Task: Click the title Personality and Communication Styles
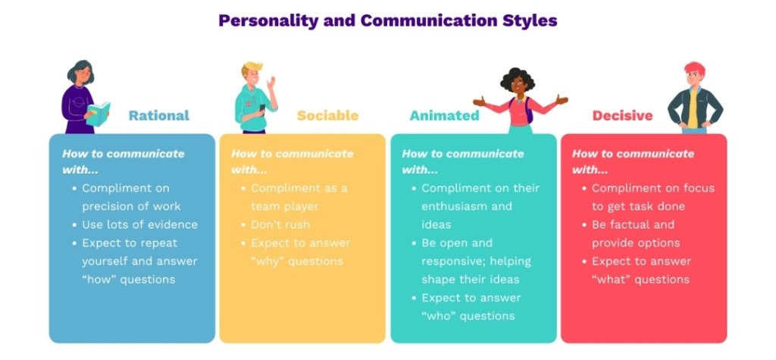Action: click(388, 20)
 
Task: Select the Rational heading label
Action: click(159, 115)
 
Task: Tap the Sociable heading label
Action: click(327, 115)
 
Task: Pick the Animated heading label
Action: click(444, 115)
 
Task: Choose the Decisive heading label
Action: click(623, 115)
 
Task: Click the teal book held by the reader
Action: click(99, 114)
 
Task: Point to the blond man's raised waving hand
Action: click(271, 82)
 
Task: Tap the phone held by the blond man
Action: click(262, 109)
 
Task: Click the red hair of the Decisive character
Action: click(694, 68)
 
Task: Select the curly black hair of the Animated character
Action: click(518, 78)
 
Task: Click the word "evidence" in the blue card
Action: click(171, 224)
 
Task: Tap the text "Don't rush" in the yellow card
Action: click(280, 224)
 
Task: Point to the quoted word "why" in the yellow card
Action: click(268, 261)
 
